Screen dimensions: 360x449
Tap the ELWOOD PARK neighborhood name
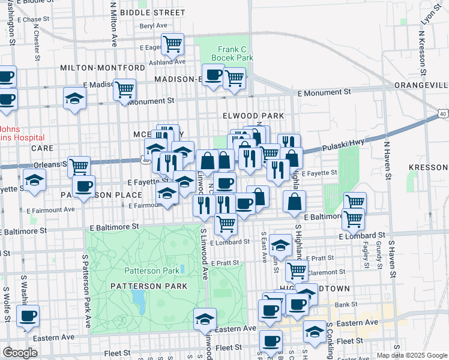[x=253, y=115]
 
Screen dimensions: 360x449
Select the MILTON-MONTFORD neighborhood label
[x=103, y=68]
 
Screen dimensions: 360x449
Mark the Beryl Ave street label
[x=153, y=26]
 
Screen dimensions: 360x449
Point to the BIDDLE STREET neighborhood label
[x=152, y=12]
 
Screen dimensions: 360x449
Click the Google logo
[x=20, y=353]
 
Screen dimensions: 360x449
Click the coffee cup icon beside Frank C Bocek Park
[x=213, y=75]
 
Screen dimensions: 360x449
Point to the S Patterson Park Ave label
[x=86, y=290]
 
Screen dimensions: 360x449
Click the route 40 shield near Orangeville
[x=442, y=113]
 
